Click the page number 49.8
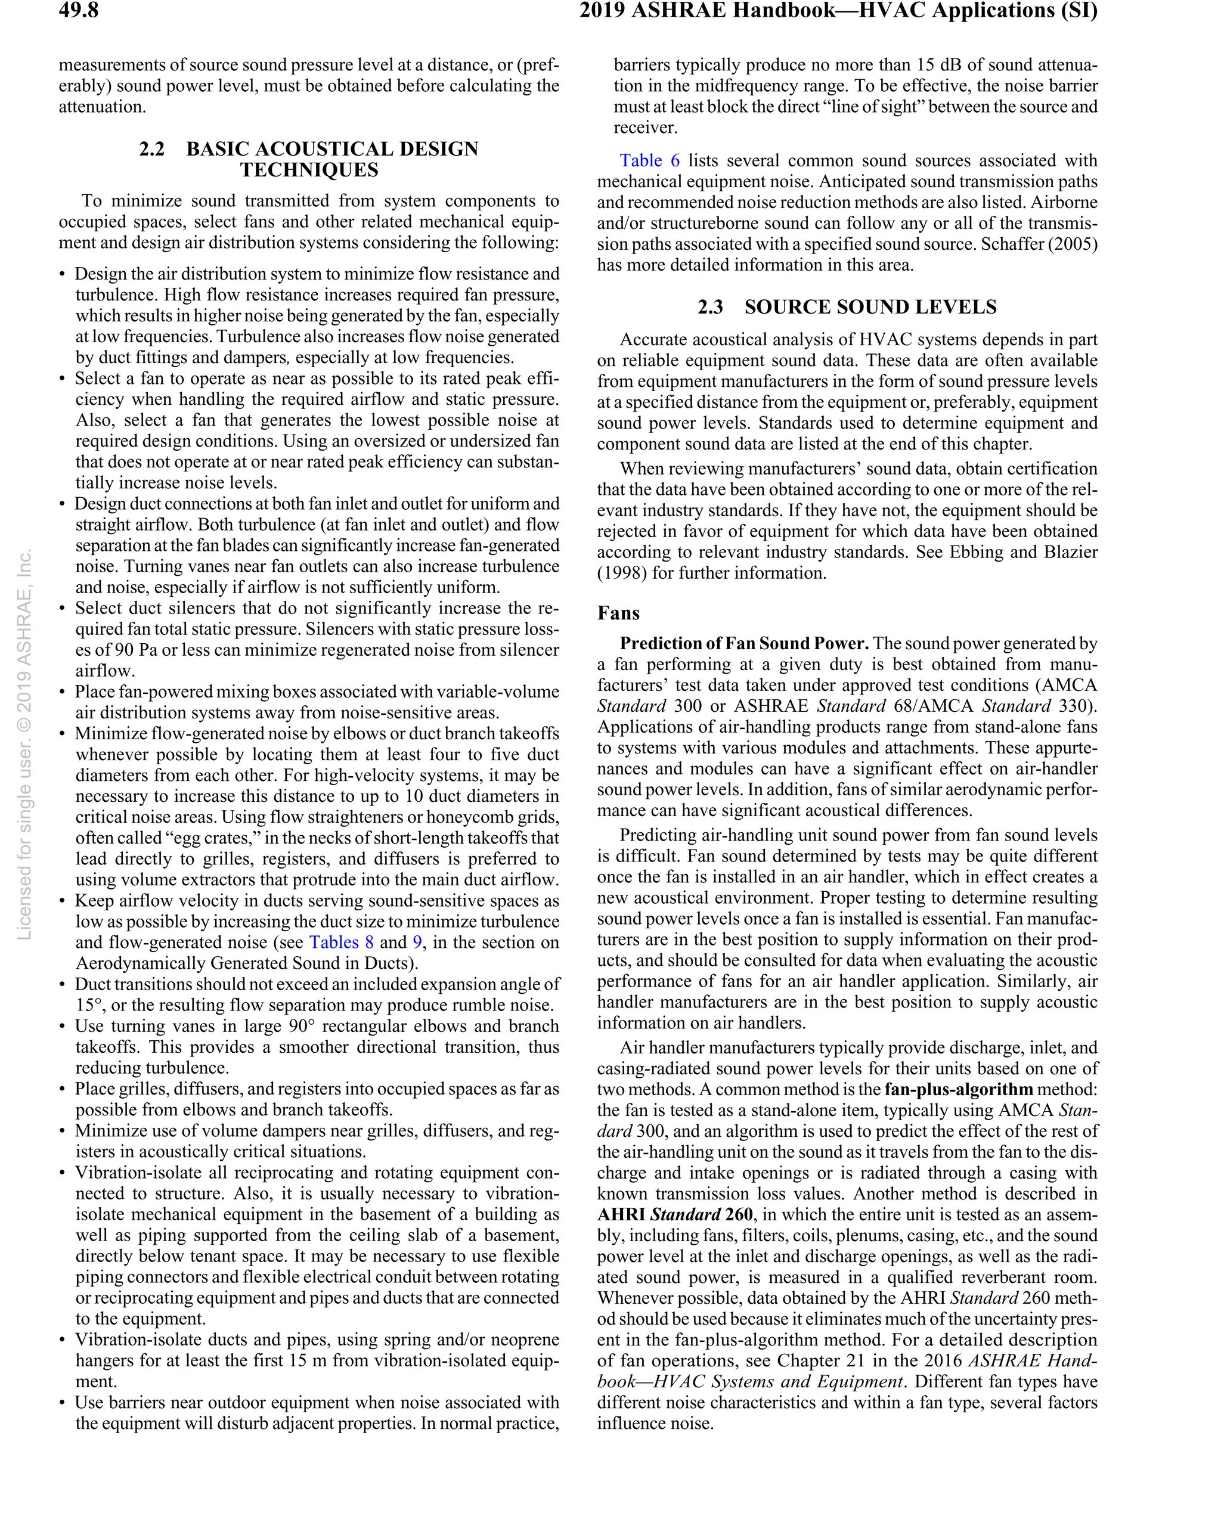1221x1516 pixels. (x=78, y=11)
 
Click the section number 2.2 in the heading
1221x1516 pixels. (x=151, y=149)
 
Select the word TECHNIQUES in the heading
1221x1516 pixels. (x=309, y=170)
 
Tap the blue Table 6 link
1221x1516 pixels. (x=649, y=160)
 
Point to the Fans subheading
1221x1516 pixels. (x=618, y=613)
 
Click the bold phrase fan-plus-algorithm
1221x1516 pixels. (x=958, y=1090)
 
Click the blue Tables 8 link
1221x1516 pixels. (x=341, y=943)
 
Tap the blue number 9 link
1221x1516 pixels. (x=417, y=943)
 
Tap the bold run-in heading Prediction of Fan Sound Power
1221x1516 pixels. (x=743, y=643)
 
